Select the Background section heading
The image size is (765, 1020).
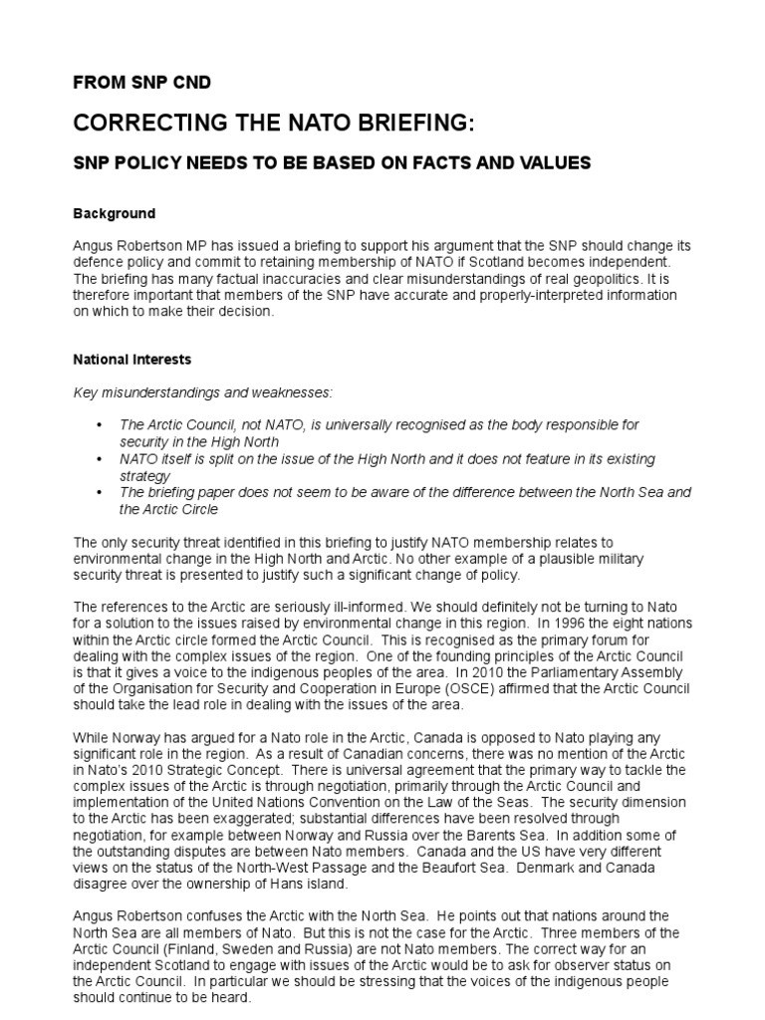pyautogui.click(x=114, y=213)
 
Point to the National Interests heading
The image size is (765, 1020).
pyautogui.click(x=132, y=359)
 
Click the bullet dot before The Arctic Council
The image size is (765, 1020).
pyautogui.click(x=99, y=425)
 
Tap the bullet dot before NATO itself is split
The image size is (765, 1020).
pyautogui.click(x=99, y=459)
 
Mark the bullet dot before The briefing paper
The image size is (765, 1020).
pyautogui.click(x=99, y=493)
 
